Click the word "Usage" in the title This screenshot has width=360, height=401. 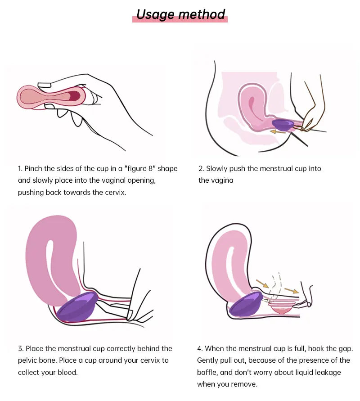tap(156, 14)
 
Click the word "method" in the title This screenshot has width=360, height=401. tap(202, 14)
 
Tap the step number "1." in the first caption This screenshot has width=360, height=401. tap(20, 168)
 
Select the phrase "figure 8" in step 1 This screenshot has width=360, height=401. tap(140, 169)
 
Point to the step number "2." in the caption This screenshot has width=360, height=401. tap(201, 168)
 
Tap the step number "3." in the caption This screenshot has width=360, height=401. tap(20, 349)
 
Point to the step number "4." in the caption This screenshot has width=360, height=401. tap(200, 349)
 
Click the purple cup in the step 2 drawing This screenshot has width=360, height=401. tap(283, 125)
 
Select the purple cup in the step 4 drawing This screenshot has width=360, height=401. tap(245, 305)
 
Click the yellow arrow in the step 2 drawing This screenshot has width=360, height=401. tap(278, 132)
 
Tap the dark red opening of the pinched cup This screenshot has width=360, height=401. tap(75, 96)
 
